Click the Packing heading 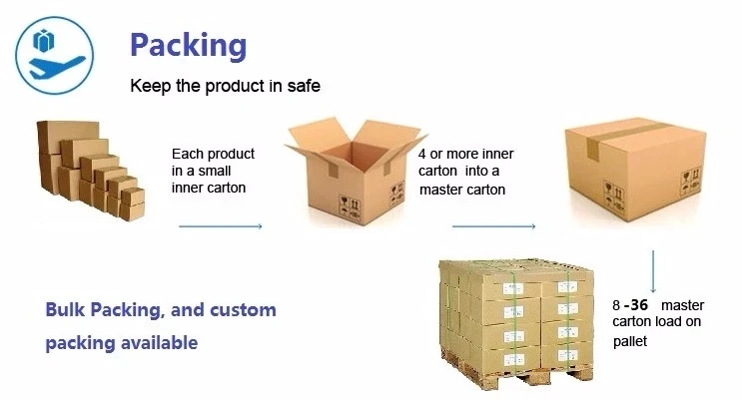pos(188,45)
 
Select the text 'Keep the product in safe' pos(226,87)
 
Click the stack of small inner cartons pos(90,170)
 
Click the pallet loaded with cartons pos(515,318)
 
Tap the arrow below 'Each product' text pos(220,227)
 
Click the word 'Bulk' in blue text pos(66,310)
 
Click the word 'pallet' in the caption pos(630,341)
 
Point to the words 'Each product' pos(213,154)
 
